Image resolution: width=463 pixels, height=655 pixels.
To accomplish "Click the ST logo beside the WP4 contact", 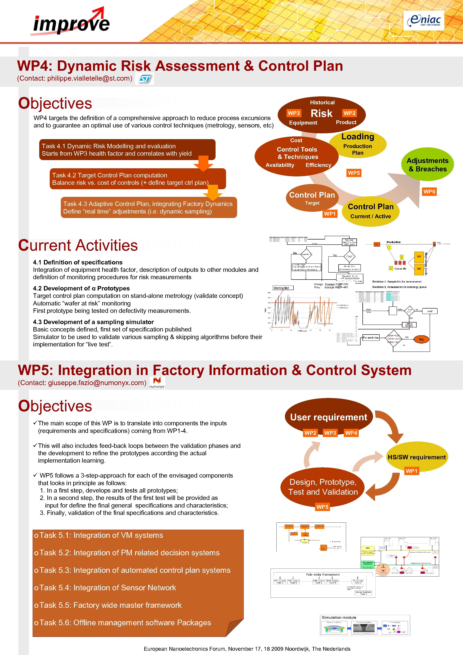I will tap(144, 79).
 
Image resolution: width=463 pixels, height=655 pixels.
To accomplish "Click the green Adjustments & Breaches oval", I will tap(427, 165).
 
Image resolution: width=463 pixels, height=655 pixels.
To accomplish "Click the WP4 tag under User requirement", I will tap(351, 433).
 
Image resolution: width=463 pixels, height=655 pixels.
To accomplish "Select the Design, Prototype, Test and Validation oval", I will tap(323, 487).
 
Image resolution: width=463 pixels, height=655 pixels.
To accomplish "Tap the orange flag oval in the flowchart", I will tap(421, 339).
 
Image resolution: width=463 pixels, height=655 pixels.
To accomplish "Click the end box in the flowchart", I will tap(430, 311).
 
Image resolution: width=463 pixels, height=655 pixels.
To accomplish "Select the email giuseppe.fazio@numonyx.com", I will tap(97, 383).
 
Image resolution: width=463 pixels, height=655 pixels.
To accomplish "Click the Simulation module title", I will tap(339, 617).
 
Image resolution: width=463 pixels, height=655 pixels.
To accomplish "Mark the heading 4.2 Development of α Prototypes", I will tap(81, 288).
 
